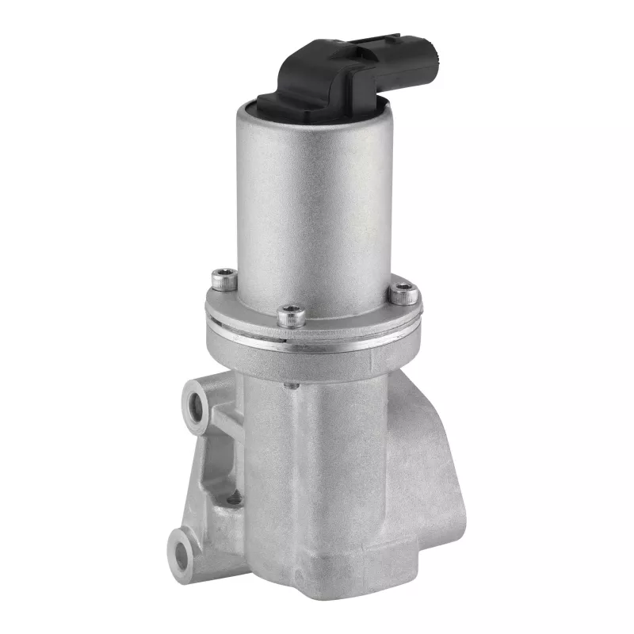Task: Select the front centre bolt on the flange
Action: pyautogui.click(x=292, y=315)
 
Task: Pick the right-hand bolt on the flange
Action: pyautogui.click(x=403, y=292)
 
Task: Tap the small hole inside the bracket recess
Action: pyautogui.click(x=233, y=499)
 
